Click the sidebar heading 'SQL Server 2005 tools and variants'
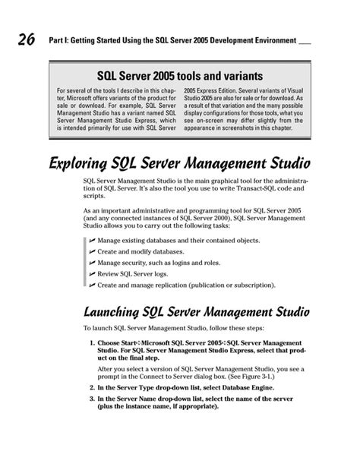179,77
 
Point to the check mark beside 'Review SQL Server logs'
91,273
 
